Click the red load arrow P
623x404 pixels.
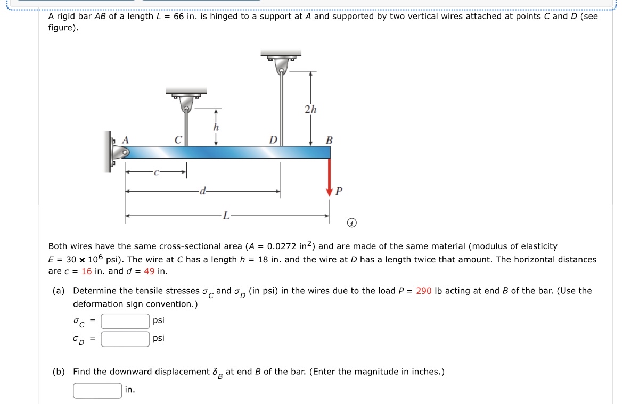[330, 178]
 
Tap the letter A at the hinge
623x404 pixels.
[126, 139]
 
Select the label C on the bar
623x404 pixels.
[179, 140]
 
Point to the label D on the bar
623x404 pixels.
[273, 140]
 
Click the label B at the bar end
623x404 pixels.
[329, 141]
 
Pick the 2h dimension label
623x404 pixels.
[310, 110]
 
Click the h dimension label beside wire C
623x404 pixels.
[215, 128]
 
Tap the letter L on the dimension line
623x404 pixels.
[226, 216]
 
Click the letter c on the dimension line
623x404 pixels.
[155, 172]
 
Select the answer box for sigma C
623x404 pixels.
[126, 321]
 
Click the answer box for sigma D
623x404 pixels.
[126, 339]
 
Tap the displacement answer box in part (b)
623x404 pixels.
[97, 390]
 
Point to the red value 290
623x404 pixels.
[424, 291]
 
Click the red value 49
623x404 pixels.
[150, 271]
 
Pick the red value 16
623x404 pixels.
[86, 271]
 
